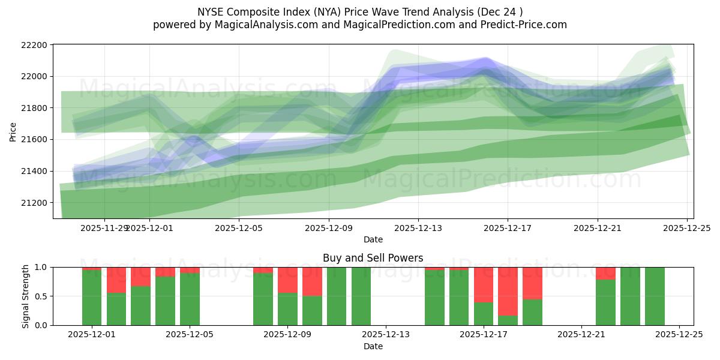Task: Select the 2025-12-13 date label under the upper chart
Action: pos(418,228)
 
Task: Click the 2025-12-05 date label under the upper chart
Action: pos(239,228)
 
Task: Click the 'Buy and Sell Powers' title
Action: pos(373,258)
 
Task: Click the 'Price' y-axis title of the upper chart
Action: pos(13,131)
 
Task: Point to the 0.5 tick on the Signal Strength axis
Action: pos(43,296)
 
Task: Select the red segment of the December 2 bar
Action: pos(116,280)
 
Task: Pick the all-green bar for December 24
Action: pos(655,296)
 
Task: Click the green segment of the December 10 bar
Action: pos(312,310)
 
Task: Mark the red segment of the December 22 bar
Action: pos(605,273)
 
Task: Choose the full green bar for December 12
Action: pos(361,296)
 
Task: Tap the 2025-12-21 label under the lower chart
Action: pos(581,335)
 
